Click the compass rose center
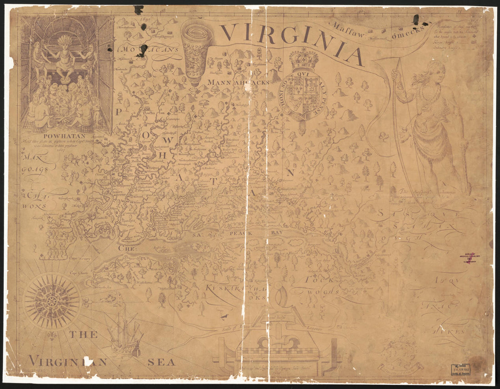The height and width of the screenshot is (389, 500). pyautogui.click(x=52, y=301)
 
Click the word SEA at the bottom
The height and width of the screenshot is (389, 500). pyautogui.click(x=161, y=362)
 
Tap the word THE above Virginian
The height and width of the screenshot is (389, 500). pyautogui.click(x=83, y=335)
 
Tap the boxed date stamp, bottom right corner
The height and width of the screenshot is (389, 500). pyautogui.click(x=460, y=369)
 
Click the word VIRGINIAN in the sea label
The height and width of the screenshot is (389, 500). pyautogui.click(x=68, y=362)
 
